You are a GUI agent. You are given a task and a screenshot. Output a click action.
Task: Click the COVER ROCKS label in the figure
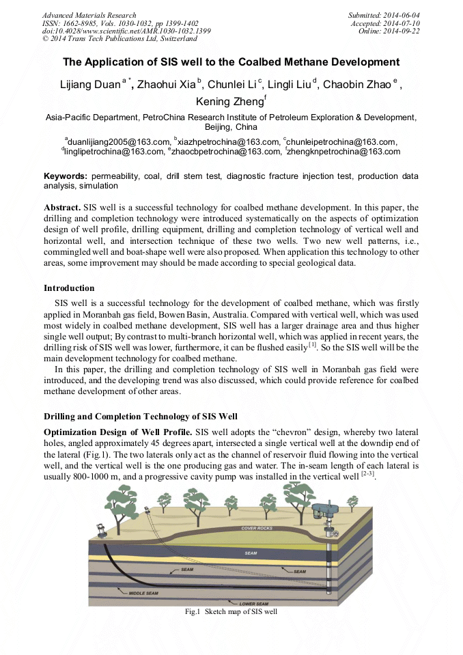pyautogui.click(x=257, y=528)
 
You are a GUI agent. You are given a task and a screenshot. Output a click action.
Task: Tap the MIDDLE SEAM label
pyautogui.click(x=143, y=593)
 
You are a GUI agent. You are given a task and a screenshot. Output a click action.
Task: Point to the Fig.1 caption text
pyautogui.click(x=231, y=612)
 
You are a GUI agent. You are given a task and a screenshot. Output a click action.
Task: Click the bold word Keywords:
pyautogui.click(x=66, y=176)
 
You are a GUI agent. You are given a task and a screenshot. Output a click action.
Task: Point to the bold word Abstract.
pyautogui.click(x=62, y=207)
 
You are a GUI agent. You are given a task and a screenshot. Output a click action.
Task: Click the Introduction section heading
pyautogui.click(x=69, y=288)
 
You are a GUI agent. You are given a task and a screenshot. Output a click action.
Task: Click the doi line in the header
pyautogui.click(x=126, y=31)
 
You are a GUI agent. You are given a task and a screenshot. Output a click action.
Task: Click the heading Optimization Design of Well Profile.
pyautogui.click(x=117, y=432)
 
